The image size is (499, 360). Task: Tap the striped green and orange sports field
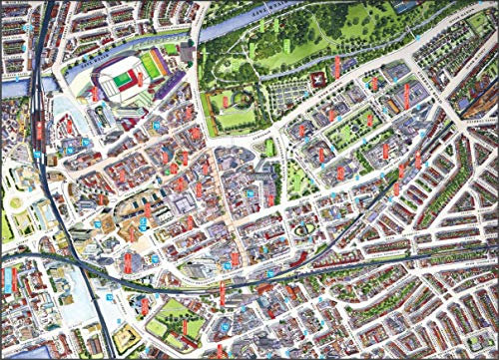click(152, 67)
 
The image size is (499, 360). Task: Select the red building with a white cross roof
click(318, 79)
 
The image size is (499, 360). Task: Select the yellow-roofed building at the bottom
click(127, 340)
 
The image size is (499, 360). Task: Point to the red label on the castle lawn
click(227, 101)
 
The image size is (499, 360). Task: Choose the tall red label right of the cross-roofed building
click(338, 67)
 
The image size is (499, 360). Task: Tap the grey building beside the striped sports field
click(172, 78)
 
